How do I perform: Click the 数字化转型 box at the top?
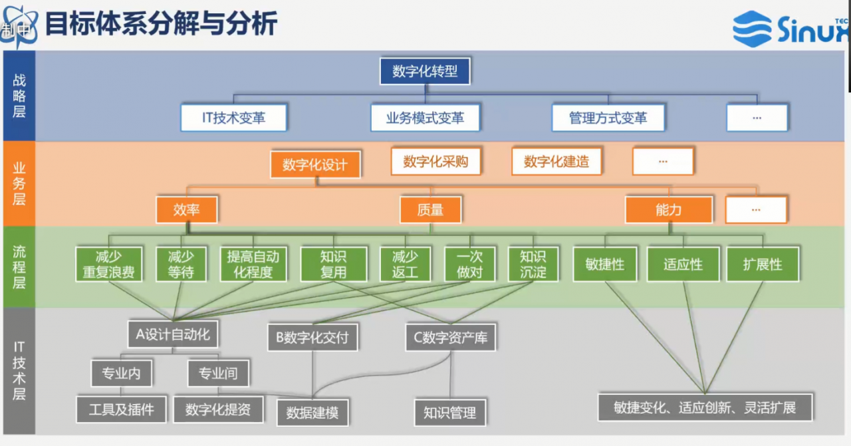coord(425,71)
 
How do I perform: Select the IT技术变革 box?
coord(233,118)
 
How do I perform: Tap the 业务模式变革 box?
coord(425,118)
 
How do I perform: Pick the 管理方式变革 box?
coord(608,118)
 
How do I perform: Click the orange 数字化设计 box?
coord(315,164)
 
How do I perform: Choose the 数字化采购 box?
coord(435,162)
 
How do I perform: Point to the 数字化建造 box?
coord(556,162)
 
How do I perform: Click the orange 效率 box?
coord(187,209)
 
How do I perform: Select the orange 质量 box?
coord(430,209)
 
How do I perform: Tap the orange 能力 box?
coord(669,209)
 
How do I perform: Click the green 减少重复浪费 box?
coord(108,265)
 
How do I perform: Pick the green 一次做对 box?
coord(469,265)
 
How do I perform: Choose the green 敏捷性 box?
coord(605,265)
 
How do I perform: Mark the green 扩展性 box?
coord(763,265)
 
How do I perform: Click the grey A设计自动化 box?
coord(173,334)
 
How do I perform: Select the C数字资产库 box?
coord(451,338)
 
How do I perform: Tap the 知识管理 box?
coord(450,413)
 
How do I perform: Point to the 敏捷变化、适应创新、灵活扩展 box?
coord(705,407)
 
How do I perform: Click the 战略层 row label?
coord(19,96)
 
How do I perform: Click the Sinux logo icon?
coord(752,29)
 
